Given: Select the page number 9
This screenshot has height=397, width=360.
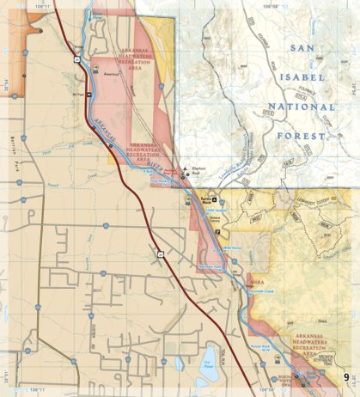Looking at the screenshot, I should coord(348,376).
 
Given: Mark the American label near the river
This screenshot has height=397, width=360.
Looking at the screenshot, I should coord(109,75).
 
